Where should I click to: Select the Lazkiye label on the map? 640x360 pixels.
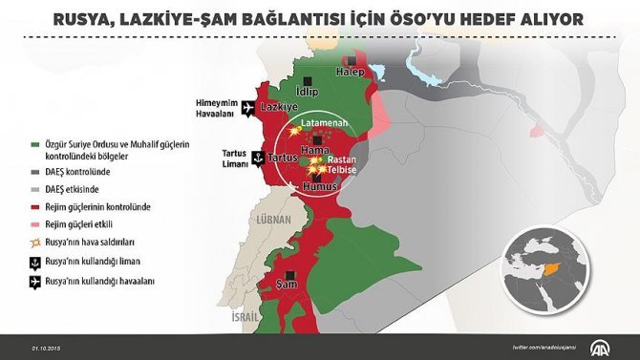pos(279,109)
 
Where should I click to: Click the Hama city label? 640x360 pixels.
pos(314,151)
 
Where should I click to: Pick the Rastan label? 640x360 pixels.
pos(342,160)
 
